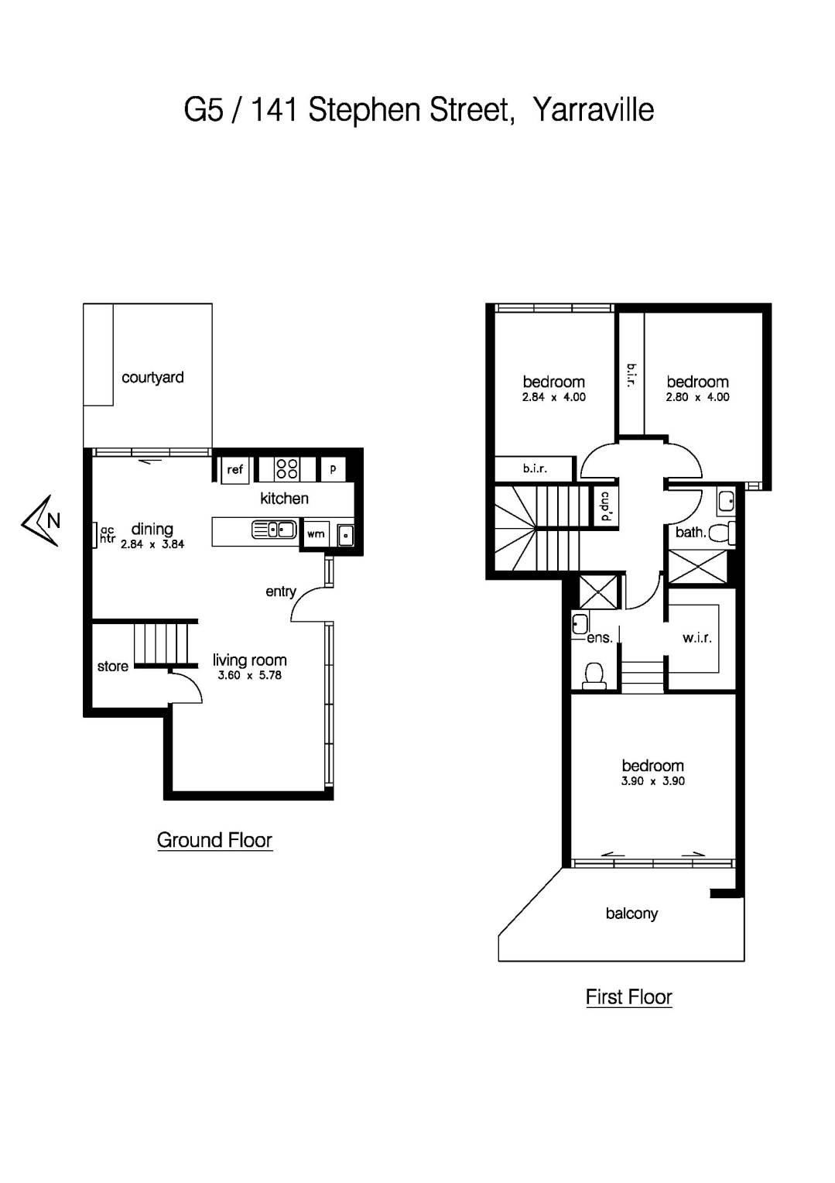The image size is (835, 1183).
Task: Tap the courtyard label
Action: pos(152,378)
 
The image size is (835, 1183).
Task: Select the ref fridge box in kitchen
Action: pos(235,469)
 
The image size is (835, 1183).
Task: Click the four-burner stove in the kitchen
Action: pos(287,468)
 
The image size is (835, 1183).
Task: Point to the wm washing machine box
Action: pos(316,533)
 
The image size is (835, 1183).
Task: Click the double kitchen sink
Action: pos(274,530)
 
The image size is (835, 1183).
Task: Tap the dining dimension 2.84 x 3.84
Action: pos(152,544)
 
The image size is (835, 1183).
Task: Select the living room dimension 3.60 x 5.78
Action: pos(249,675)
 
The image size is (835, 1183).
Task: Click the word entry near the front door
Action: pos(280,591)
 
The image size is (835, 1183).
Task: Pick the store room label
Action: pos(112,667)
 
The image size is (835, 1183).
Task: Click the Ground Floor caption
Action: pos(214,840)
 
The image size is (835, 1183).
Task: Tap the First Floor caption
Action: pos(628,997)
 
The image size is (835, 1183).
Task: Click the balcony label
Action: pos(631,914)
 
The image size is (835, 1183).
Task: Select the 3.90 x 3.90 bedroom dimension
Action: pos(652,781)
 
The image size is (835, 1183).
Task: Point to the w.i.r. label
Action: pos(696,638)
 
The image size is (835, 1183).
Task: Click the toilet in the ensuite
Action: pos(594,674)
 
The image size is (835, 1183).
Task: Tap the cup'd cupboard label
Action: pos(605,507)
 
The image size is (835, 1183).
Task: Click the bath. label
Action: pos(690,532)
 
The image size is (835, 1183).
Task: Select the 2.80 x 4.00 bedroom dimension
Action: pos(697,397)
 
